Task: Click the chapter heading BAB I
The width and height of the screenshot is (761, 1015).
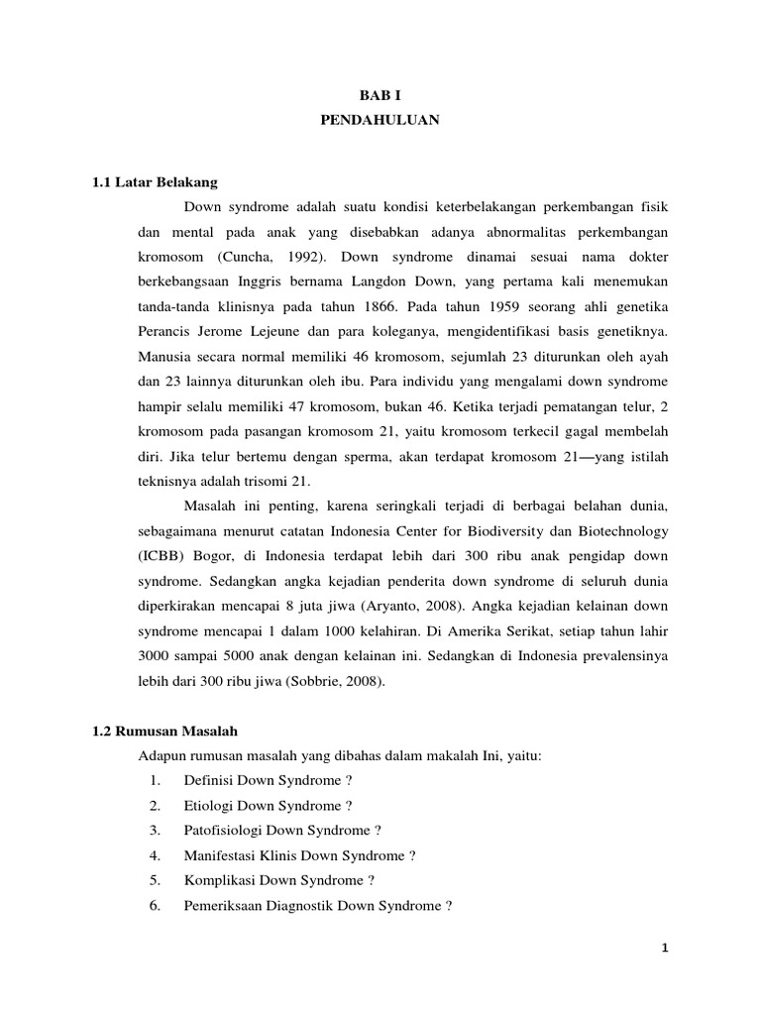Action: (380, 94)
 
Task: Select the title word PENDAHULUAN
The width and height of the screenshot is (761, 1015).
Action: (380, 120)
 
